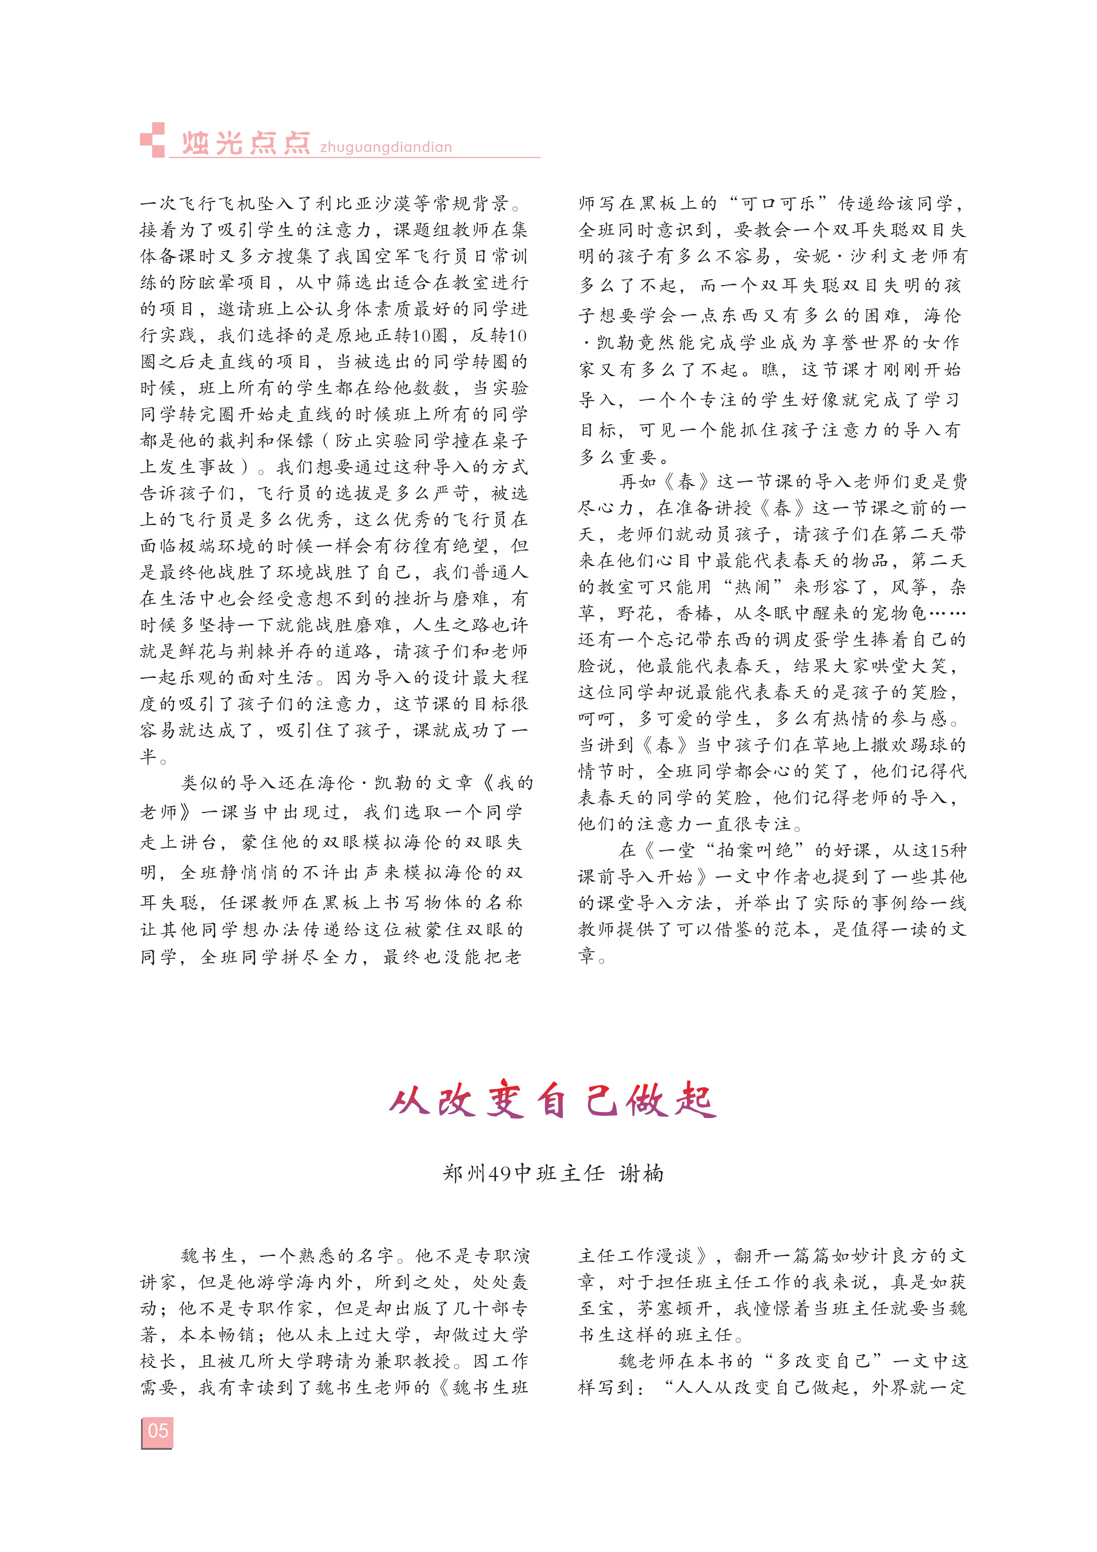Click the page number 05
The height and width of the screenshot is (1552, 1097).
[x=158, y=1431]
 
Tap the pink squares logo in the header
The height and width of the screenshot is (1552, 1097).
[x=153, y=140]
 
